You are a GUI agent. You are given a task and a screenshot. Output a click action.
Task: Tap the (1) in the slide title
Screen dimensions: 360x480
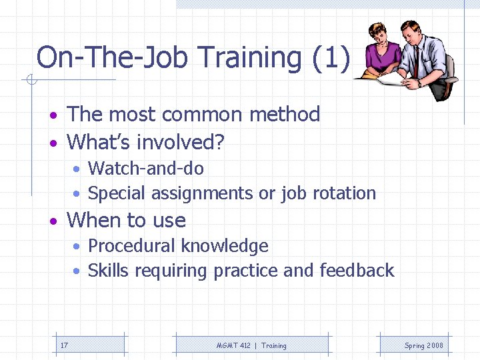tap(330, 58)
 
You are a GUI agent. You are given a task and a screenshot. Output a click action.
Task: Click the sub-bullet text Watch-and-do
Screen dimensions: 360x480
tap(145, 168)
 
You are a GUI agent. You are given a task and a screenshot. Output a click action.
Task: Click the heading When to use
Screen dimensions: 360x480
tap(127, 220)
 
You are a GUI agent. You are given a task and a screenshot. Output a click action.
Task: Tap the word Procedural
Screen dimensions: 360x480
tap(130, 246)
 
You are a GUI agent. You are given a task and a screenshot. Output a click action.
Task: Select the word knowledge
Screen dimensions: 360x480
tap(225, 246)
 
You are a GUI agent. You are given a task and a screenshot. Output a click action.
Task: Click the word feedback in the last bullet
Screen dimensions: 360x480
tap(357, 271)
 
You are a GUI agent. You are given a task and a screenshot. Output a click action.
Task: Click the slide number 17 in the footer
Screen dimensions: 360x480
tap(64, 345)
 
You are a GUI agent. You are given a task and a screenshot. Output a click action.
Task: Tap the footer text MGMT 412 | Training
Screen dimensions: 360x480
tap(251, 345)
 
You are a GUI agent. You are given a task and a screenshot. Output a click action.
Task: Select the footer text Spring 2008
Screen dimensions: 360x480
tap(423, 345)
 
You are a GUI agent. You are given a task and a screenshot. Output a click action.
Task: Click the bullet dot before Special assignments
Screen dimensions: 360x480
tap(78, 194)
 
